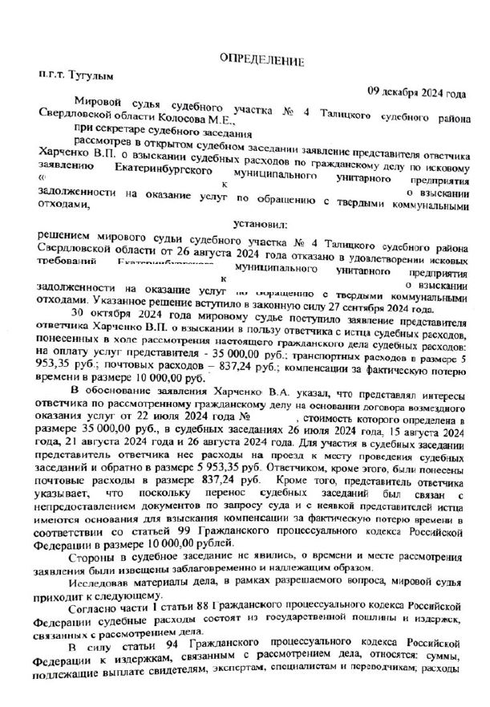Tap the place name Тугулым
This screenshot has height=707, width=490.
94,77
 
